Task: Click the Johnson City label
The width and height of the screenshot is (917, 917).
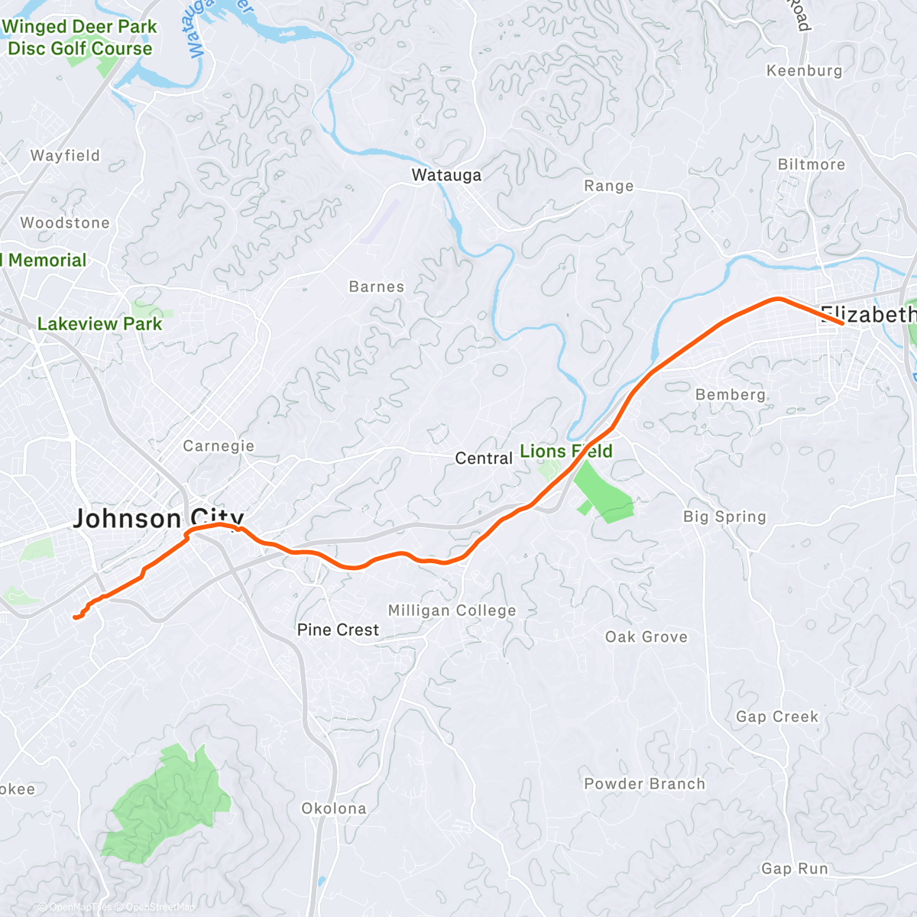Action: point(157,519)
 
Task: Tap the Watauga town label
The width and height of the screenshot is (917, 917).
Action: point(446,175)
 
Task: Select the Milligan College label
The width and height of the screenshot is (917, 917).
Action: point(452,611)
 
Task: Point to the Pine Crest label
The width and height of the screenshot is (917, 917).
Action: point(338,630)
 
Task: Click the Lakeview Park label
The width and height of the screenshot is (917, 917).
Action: point(99,324)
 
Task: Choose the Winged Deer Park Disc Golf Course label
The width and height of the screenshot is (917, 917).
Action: point(79,37)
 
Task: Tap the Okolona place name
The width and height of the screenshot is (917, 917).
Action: point(334,808)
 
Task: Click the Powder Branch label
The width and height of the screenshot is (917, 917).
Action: point(644,784)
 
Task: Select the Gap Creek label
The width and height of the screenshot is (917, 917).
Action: point(777,717)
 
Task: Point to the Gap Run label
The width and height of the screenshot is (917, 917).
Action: point(795,869)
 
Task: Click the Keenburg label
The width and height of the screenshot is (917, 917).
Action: point(804,71)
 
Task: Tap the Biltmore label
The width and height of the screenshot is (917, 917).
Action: point(812,164)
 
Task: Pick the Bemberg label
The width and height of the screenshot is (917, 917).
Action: point(730,394)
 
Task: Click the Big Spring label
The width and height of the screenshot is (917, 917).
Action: point(724,517)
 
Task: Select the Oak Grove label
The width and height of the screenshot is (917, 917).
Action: point(646,637)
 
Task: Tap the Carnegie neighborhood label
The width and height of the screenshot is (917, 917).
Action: point(219,446)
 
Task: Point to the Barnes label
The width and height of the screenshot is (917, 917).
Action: point(377,287)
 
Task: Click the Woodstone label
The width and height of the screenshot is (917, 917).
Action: point(65,223)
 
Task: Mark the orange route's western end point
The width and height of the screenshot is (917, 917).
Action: point(75,617)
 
